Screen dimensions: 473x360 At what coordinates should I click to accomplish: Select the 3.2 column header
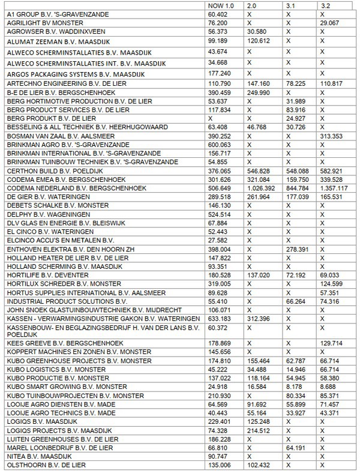(x=327, y=5)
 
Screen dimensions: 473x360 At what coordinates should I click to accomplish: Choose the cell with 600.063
(x=219, y=145)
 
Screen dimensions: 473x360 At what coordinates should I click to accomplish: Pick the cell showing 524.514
(x=219, y=214)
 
